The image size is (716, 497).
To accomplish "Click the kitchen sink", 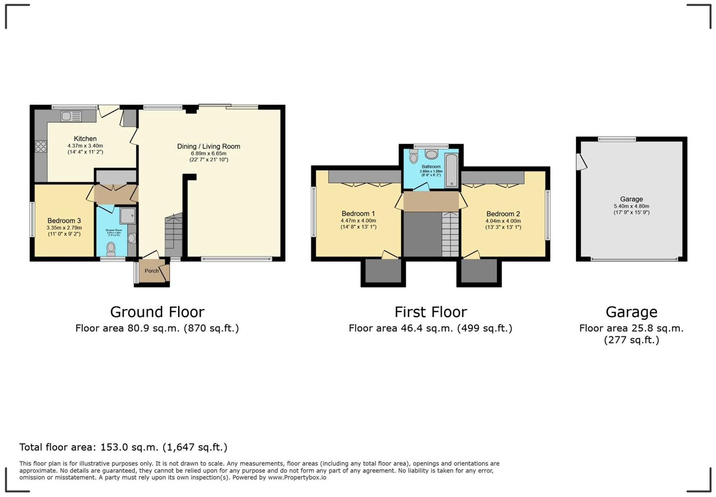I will (71, 116).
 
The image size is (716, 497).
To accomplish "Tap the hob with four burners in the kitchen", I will (41, 146).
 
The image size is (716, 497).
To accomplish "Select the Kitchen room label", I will (85, 139).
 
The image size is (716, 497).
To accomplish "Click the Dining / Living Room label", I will (208, 146).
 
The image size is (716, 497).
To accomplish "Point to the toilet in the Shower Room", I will (111, 249).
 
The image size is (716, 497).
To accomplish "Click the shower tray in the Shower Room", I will (127, 216).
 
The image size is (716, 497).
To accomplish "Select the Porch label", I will (151, 271).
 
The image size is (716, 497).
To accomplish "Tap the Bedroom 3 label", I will (64, 221).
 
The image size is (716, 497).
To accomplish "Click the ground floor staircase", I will (174, 235).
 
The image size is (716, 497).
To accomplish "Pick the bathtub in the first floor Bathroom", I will (451, 170).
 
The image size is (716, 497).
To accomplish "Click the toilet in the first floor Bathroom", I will (414, 157).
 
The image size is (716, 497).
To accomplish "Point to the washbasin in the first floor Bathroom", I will (431, 154).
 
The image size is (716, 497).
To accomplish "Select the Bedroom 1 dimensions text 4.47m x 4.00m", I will (358, 221).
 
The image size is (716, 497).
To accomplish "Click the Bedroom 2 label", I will (503, 214).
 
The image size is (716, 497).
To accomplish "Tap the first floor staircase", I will (450, 234).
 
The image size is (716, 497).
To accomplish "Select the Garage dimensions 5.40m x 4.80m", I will (631, 206).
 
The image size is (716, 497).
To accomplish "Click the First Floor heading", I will (430, 312).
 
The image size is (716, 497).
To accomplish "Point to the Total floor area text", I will (123, 447).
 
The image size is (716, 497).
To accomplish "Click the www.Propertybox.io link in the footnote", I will (297, 477).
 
